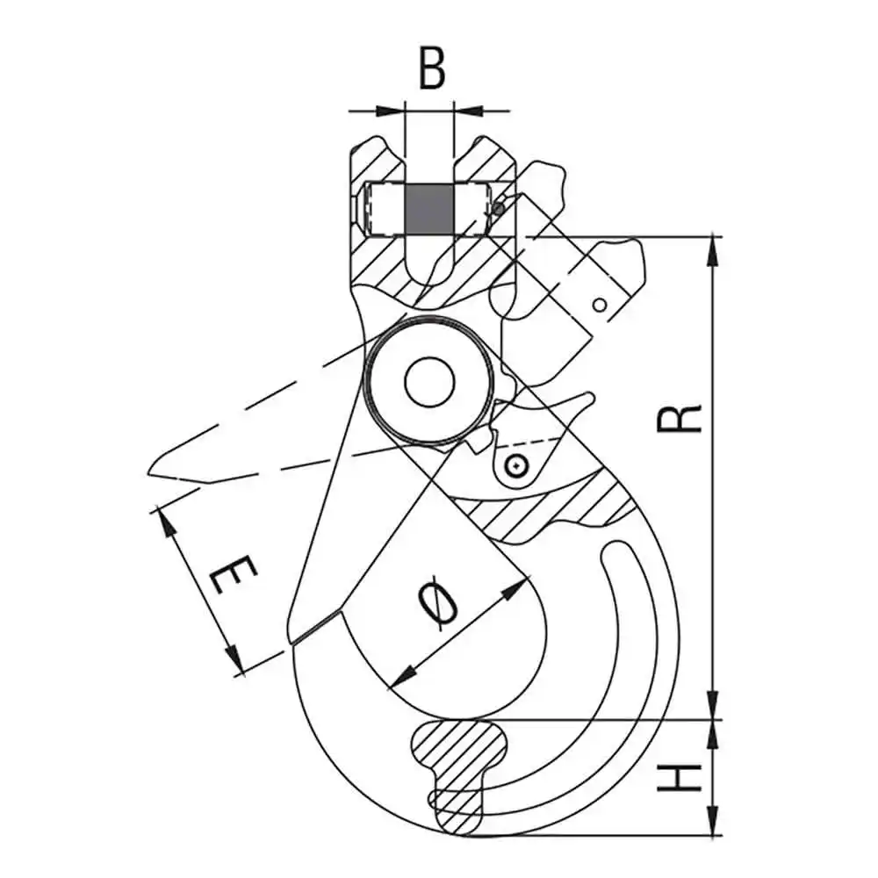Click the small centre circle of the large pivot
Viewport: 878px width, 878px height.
point(428,382)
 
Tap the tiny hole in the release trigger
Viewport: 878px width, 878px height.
point(599,304)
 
